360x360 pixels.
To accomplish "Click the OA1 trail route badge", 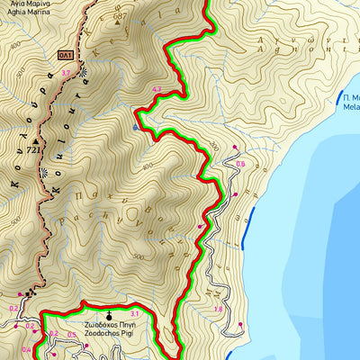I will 65,55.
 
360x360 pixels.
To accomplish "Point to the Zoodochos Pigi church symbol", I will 110,315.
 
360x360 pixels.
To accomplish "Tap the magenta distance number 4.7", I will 157,89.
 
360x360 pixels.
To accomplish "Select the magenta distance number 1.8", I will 218,309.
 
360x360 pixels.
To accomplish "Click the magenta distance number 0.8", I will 240,164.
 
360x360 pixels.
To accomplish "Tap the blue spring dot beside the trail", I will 135,128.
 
